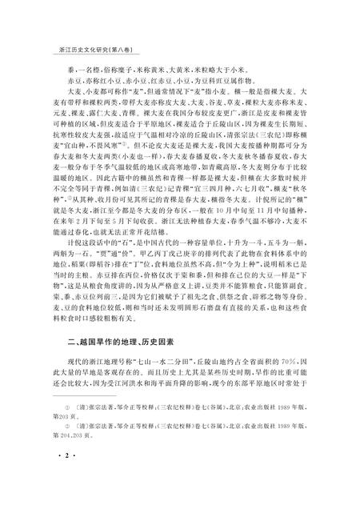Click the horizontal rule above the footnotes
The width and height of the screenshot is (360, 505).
tap(88, 421)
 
